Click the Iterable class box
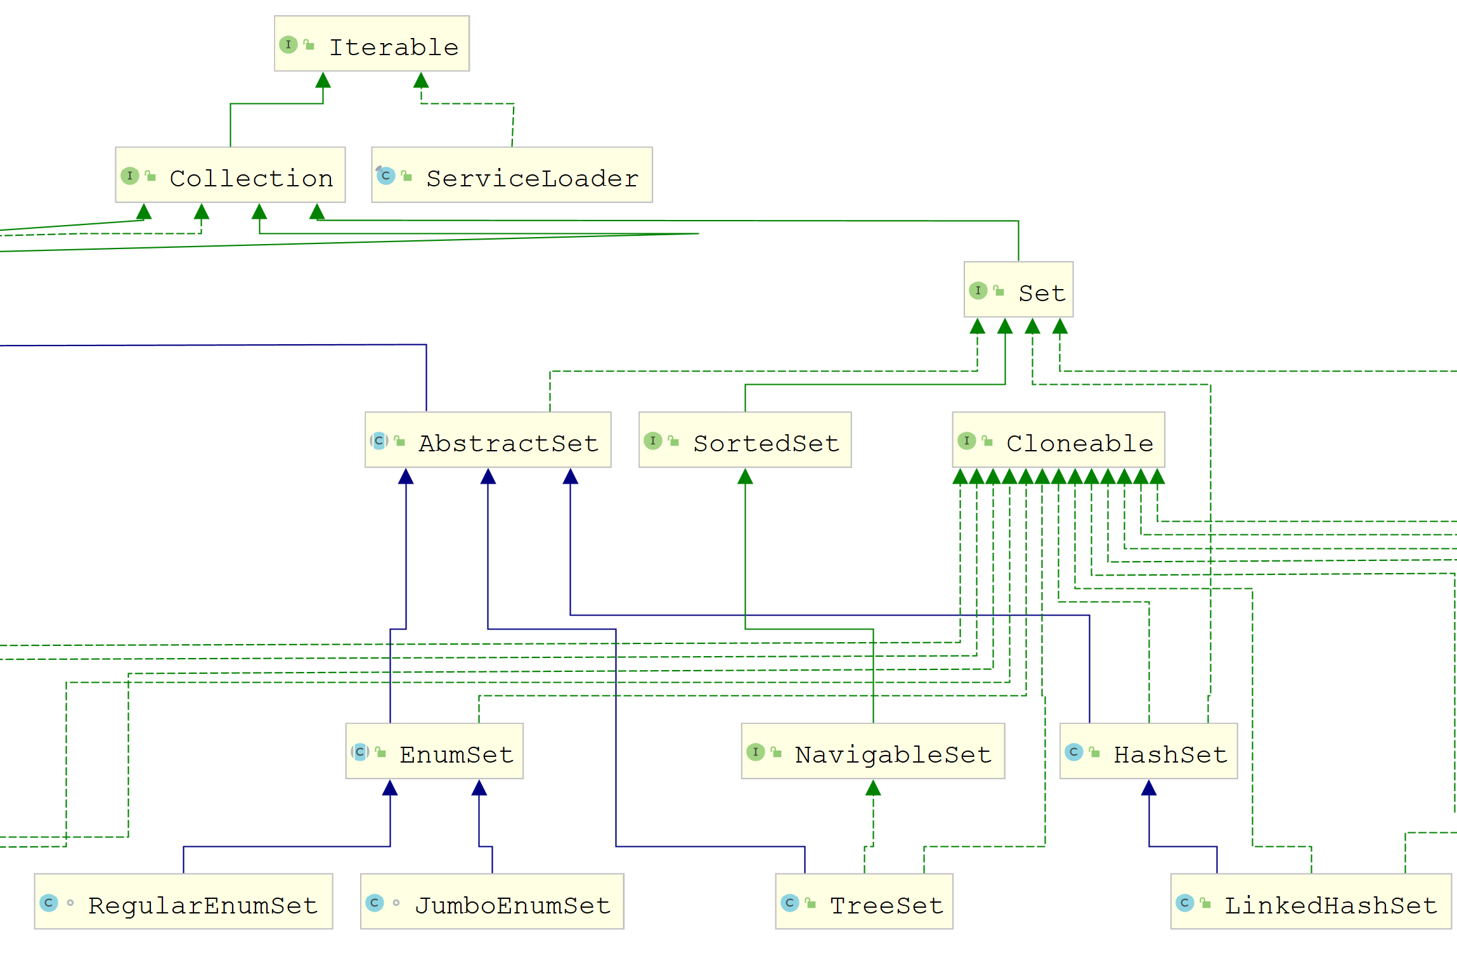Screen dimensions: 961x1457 tap(372, 44)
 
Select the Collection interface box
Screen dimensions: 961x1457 tap(230, 175)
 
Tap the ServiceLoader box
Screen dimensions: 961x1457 tap(512, 175)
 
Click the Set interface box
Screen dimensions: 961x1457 tap(1018, 290)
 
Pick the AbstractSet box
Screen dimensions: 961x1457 tap(488, 440)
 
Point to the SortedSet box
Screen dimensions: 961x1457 tap(745, 440)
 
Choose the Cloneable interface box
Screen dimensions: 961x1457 tap(1058, 440)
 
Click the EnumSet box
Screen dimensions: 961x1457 tap(434, 751)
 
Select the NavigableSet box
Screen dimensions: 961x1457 tap(872, 751)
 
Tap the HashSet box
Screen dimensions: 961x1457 tap(1148, 751)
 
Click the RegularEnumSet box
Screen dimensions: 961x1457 tap(183, 901)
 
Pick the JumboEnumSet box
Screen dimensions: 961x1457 tap(492, 901)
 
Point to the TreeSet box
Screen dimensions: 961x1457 tap(864, 901)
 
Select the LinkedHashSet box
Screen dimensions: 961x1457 tap(1311, 901)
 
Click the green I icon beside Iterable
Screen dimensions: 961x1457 tap(288, 44)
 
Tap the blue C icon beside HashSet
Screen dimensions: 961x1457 tap(1073, 752)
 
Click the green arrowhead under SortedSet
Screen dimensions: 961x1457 tap(745, 477)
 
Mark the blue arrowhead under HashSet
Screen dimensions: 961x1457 tap(1149, 788)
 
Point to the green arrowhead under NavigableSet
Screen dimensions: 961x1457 tap(873, 788)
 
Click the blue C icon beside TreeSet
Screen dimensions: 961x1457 tap(789, 903)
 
